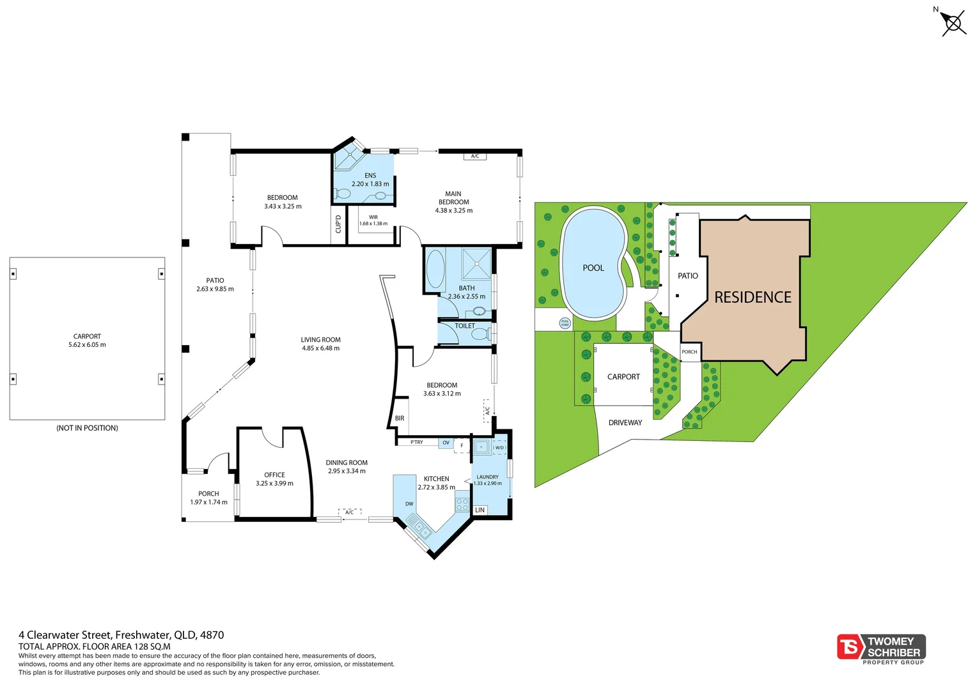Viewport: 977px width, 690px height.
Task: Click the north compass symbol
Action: click(x=953, y=24)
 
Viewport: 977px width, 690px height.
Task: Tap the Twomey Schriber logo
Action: click(x=881, y=647)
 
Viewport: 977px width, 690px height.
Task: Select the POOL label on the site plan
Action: click(x=593, y=268)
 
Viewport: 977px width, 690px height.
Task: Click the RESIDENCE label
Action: click(x=753, y=298)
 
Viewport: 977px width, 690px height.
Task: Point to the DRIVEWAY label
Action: click(x=625, y=423)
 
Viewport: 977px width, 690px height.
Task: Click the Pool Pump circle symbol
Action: click(x=565, y=323)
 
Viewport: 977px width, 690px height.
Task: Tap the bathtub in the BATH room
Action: click(x=436, y=270)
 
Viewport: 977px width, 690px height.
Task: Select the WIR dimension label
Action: click(x=373, y=220)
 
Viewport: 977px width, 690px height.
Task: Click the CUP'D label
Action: click(x=338, y=224)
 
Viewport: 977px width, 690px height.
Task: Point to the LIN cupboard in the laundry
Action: click(x=480, y=510)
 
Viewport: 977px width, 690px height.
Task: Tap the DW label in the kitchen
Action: click(x=409, y=504)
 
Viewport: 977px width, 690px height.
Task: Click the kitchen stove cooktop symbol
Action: click(x=462, y=504)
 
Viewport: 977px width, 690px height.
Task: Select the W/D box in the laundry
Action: click(x=499, y=448)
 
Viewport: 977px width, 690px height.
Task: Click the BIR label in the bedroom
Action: click(x=400, y=418)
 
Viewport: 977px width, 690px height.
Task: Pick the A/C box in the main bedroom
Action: click(x=475, y=157)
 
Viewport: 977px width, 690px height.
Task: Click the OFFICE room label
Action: click(x=274, y=475)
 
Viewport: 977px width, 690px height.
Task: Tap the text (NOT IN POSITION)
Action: click(x=87, y=428)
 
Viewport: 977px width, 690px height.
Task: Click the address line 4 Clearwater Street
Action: click(x=121, y=635)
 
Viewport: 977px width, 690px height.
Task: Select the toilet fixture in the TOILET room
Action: click(x=481, y=333)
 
